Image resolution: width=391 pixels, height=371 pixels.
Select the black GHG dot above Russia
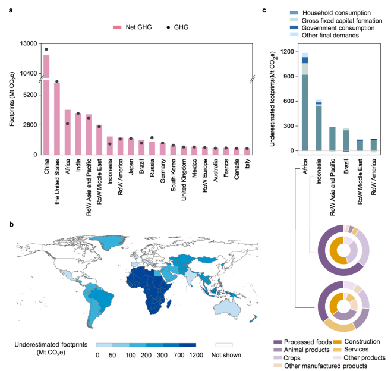153,137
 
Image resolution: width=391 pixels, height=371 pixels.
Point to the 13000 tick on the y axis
28,43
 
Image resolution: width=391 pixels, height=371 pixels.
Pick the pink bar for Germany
163,148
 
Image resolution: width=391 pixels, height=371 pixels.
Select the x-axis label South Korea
173,175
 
